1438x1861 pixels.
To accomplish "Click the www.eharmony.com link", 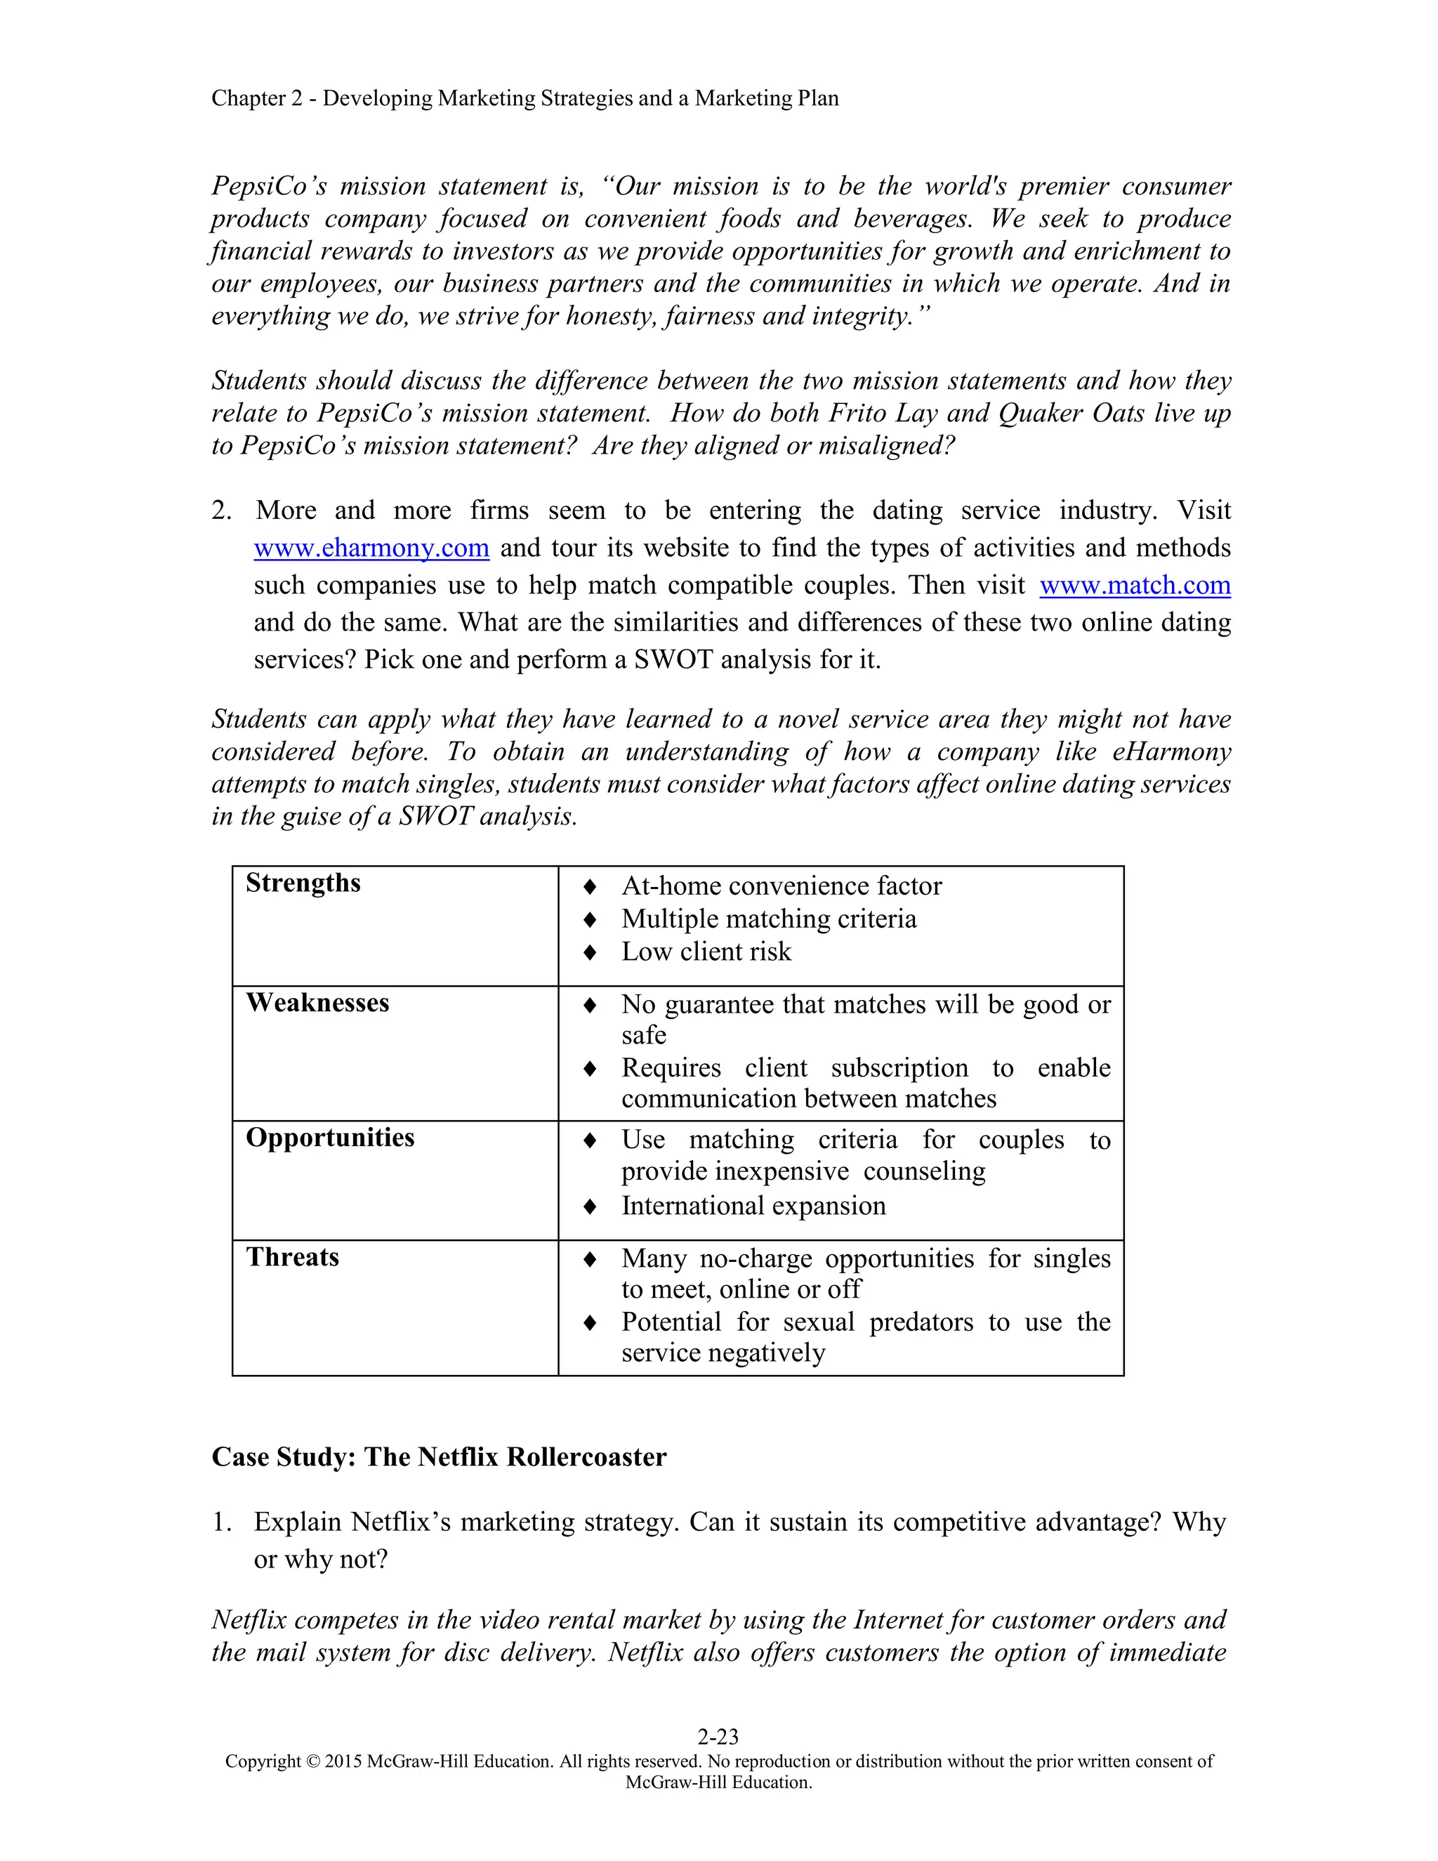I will [x=371, y=548].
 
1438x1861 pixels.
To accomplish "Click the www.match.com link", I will [x=1135, y=586].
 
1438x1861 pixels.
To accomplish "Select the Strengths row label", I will [x=303, y=883].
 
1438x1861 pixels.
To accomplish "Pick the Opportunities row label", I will [x=330, y=1138].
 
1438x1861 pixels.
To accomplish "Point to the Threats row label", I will [x=292, y=1257].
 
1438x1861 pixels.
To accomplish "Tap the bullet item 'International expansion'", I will [x=753, y=1206].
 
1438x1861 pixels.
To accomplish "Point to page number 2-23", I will [x=718, y=1736].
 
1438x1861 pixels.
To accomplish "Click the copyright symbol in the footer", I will [x=312, y=1761].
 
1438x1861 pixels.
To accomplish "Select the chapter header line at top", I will [x=525, y=99].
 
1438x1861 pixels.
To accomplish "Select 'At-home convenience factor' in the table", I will [x=781, y=886].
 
